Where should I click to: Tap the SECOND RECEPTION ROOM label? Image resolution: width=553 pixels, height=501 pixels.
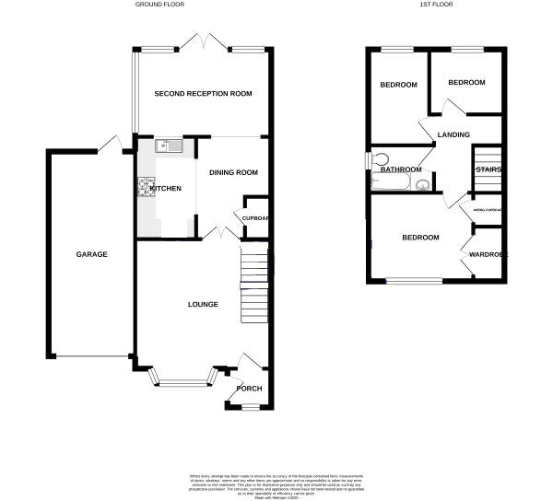click(x=203, y=94)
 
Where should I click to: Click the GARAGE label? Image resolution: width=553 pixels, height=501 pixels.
click(x=92, y=254)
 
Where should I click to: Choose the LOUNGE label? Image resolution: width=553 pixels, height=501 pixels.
click(x=203, y=304)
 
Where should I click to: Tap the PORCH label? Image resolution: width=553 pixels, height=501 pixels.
click(x=249, y=389)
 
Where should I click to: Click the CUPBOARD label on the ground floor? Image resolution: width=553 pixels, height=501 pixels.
click(x=255, y=218)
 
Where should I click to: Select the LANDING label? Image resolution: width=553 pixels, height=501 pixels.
click(x=453, y=134)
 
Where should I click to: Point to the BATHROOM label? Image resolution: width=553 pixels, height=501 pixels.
click(x=402, y=169)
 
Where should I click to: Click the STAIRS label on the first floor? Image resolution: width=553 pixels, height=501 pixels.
click(x=488, y=169)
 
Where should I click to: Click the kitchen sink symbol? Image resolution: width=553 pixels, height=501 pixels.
click(x=170, y=145)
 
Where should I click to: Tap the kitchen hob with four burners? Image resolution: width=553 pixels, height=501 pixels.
click(x=146, y=188)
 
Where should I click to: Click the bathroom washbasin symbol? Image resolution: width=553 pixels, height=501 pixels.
click(x=424, y=184)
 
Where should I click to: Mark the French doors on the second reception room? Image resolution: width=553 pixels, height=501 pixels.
click(x=203, y=43)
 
